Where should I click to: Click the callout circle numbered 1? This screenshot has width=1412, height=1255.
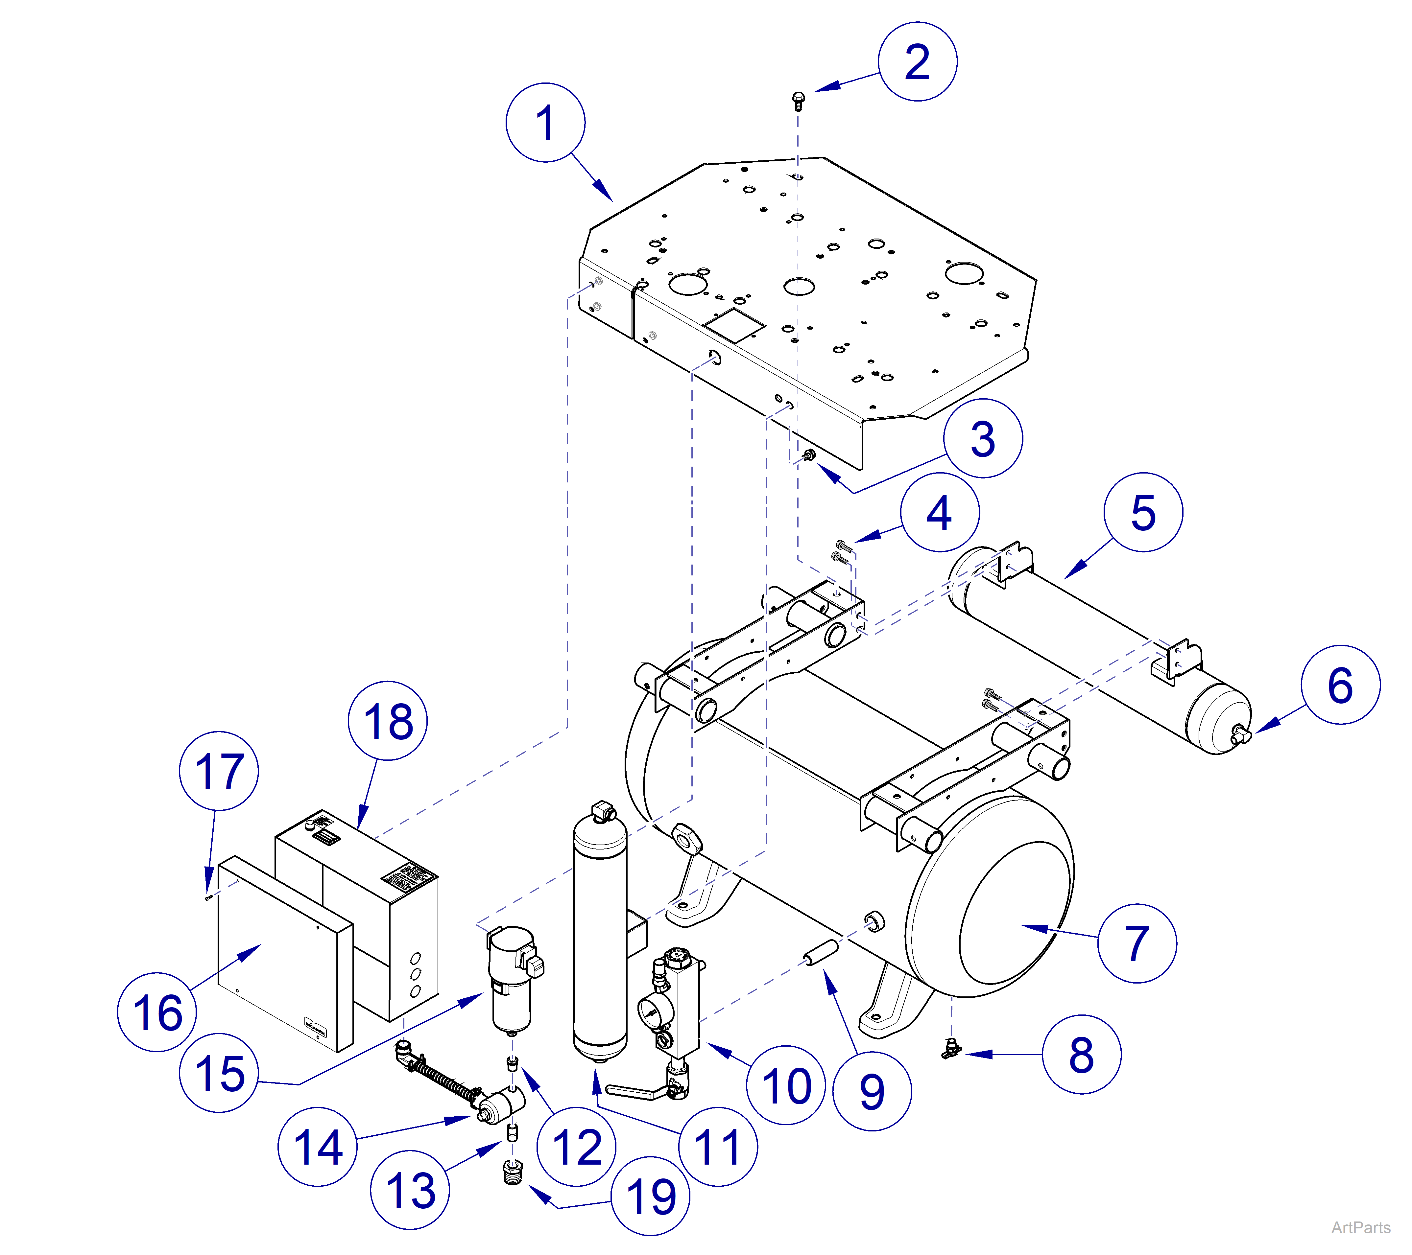coord(545,123)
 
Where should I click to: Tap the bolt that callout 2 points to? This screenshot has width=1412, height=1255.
coord(798,101)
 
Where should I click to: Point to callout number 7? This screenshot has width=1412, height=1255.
coord(1137,943)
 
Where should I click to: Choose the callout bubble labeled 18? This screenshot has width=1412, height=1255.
coord(388,721)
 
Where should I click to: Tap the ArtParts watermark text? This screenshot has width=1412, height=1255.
coord(1360,1227)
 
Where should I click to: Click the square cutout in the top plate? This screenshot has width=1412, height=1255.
coord(734,325)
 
